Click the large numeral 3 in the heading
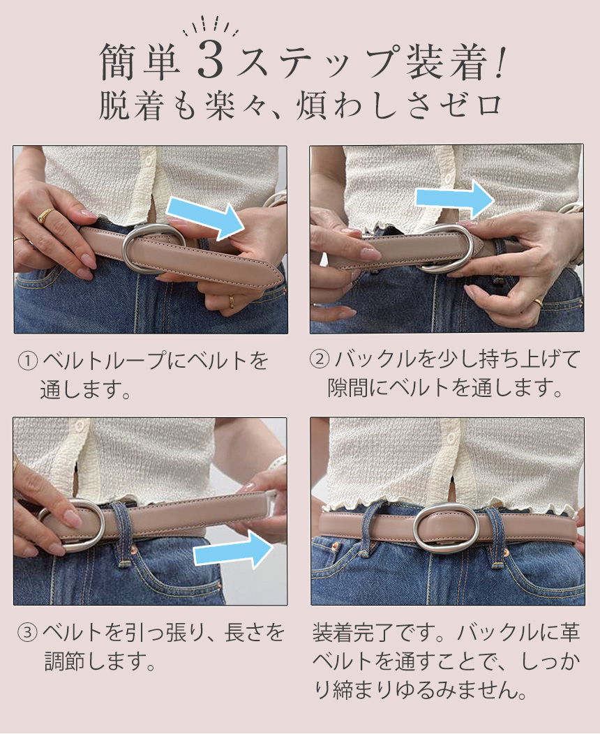click(210, 60)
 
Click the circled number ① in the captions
click(28, 361)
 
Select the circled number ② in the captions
click(320, 359)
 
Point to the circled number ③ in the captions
click(27, 632)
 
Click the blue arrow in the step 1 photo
click(205, 218)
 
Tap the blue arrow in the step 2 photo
click(455, 198)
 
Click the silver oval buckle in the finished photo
click(447, 529)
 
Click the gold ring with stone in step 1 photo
click(45, 215)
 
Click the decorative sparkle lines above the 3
click(210, 27)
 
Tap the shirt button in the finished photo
click(451, 439)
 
